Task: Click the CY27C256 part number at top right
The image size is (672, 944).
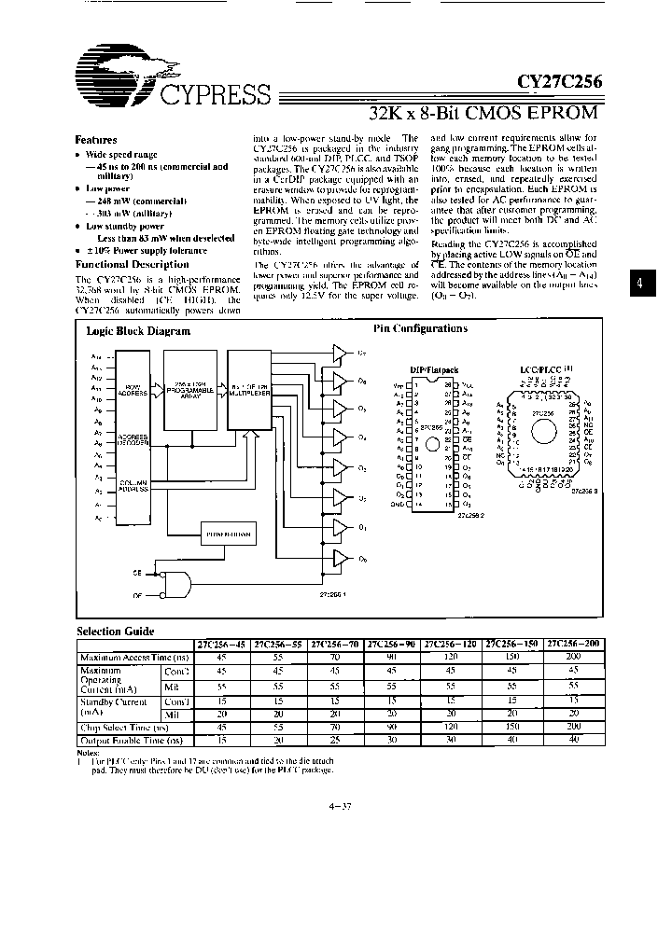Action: [x=560, y=82]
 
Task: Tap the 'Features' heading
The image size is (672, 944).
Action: [x=96, y=138]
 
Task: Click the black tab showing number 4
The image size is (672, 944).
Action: [x=637, y=285]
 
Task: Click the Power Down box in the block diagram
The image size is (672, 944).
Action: [x=228, y=534]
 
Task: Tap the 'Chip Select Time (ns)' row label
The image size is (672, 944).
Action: [x=124, y=727]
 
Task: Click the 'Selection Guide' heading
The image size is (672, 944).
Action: [x=115, y=632]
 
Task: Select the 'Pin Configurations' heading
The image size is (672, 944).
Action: [x=420, y=328]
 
